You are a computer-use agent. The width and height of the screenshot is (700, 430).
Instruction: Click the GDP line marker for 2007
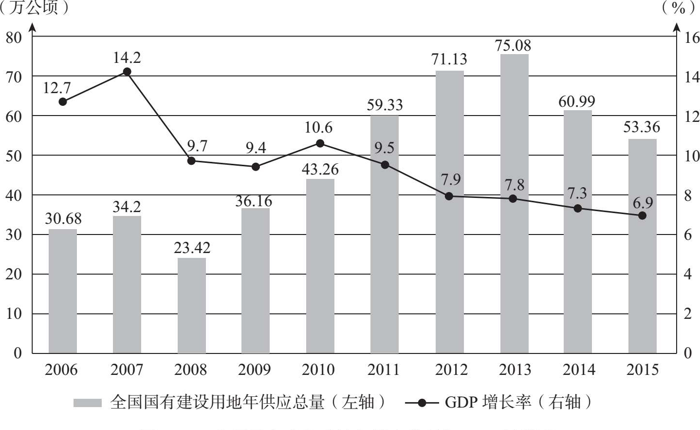[127, 72]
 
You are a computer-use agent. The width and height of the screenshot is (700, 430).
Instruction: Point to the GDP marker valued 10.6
[320, 143]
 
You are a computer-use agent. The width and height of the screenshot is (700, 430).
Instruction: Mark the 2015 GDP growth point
[642, 215]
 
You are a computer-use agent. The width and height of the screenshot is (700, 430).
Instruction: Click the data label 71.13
[449, 59]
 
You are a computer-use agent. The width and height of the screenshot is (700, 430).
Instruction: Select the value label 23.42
[192, 248]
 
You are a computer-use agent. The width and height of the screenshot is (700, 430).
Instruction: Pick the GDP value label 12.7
[57, 88]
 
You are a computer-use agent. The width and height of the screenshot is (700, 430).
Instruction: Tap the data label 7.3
[577, 194]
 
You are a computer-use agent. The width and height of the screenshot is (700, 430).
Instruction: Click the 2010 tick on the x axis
[318, 370]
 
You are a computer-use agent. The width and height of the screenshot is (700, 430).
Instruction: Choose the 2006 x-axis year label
[61, 370]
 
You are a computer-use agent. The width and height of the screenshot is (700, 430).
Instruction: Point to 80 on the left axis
[14, 38]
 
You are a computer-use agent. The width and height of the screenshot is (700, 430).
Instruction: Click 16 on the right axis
[692, 38]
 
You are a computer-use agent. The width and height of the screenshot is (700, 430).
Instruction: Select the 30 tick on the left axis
[14, 235]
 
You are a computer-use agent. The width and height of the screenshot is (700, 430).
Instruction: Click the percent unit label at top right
[678, 8]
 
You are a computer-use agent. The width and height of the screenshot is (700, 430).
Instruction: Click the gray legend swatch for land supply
[88, 403]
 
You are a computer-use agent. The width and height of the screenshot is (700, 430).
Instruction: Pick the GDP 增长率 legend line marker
[422, 403]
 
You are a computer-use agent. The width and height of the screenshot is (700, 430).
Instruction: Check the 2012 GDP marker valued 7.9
[449, 196]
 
